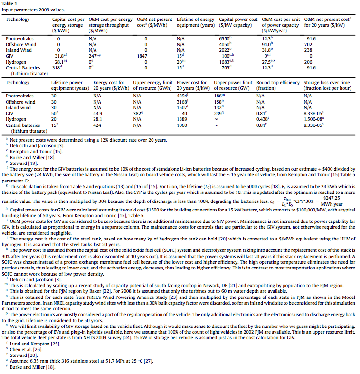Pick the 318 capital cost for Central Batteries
(57, 67)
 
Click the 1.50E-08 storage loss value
(314, 119)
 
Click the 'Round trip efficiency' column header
(278, 85)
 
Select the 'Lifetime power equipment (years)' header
(69, 85)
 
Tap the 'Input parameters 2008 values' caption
(33, 9)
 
